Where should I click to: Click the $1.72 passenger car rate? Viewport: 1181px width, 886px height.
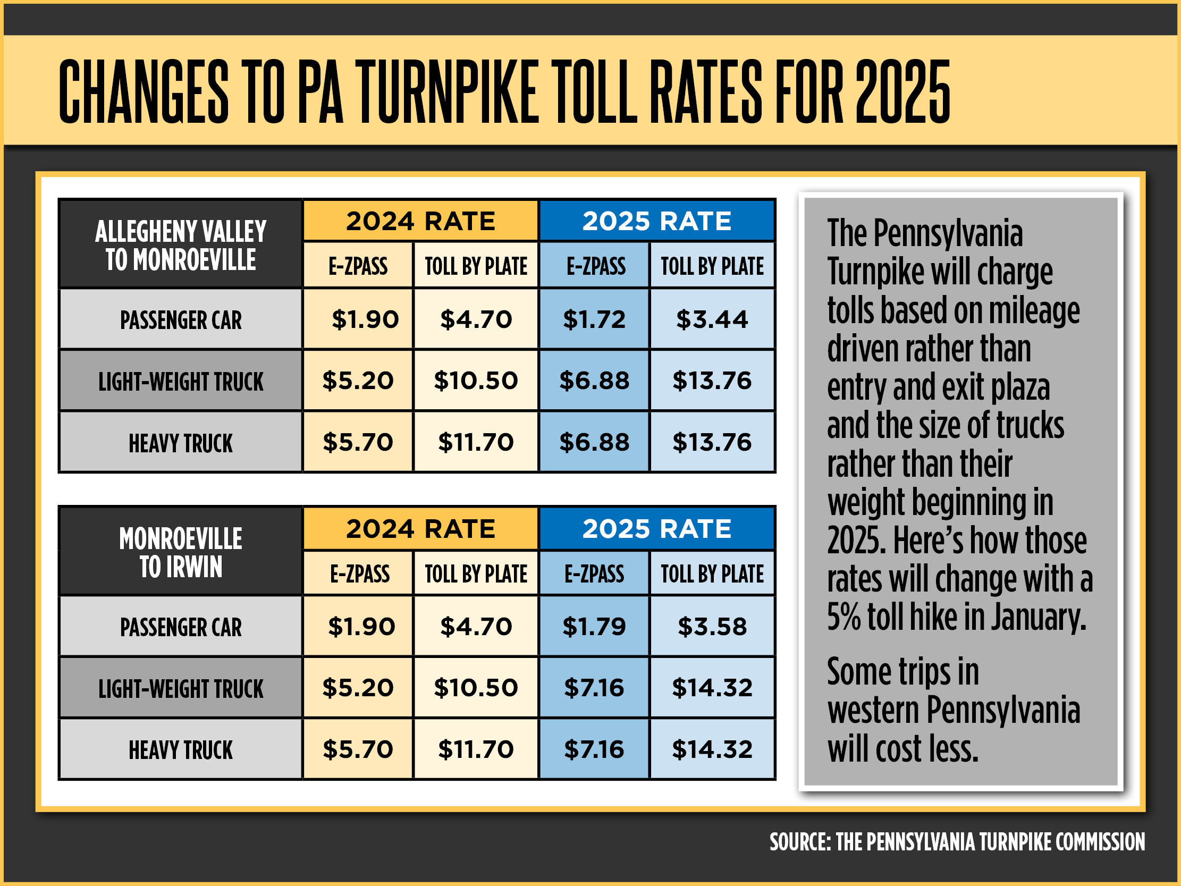pyautogui.click(x=594, y=319)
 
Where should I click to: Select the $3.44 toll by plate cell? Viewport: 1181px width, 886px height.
pyautogui.click(x=712, y=319)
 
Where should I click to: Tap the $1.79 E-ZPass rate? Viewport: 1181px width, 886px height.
pyautogui.click(x=594, y=627)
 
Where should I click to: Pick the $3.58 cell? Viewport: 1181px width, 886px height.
pyautogui.click(x=712, y=627)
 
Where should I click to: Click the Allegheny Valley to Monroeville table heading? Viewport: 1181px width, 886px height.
pyautogui.click(x=181, y=246)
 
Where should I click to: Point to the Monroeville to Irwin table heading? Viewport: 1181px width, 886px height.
pyautogui.click(x=181, y=553)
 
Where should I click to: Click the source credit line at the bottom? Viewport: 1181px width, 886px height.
pyautogui.click(x=957, y=842)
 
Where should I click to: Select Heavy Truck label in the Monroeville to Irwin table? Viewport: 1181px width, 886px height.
pyautogui.click(x=181, y=750)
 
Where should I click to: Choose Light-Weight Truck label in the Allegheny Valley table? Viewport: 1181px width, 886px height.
pyautogui.click(x=181, y=382)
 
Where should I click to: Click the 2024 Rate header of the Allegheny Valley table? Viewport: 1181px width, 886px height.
pyautogui.click(x=421, y=221)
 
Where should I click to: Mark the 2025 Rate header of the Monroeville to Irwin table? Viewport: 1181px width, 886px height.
pyautogui.click(x=657, y=529)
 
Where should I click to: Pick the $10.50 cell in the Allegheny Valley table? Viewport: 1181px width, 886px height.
pyautogui.click(x=476, y=381)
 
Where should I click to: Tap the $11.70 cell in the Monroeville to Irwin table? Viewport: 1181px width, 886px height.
pyautogui.click(x=476, y=749)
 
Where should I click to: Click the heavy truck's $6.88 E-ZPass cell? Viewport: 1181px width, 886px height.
pyautogui.click(x=594, y=442)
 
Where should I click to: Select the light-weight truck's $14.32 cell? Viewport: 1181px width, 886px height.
pyautogui.click(x=712, y=688)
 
